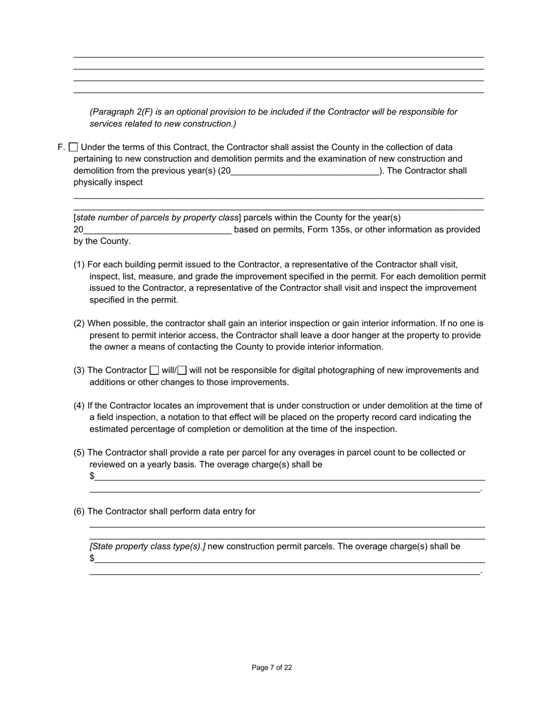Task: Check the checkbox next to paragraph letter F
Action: (x=73, y=147)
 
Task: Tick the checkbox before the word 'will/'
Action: (x=154, y=370)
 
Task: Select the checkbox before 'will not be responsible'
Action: (x=182, y=370)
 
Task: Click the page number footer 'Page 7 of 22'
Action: (x=272, y=667)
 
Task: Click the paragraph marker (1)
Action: (x=79, y=264)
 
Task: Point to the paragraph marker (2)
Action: (x=79, y=323)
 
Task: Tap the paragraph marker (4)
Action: (x=79, y=406)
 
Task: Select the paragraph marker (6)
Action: (x=79, y=511)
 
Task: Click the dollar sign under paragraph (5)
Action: (x=92, y=476)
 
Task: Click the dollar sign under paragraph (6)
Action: (x=92, y=558)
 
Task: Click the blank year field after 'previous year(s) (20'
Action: (x=305, y=171)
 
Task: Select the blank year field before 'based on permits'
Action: (x=157, y=230)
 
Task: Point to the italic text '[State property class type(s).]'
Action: (x=147, y=547)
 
